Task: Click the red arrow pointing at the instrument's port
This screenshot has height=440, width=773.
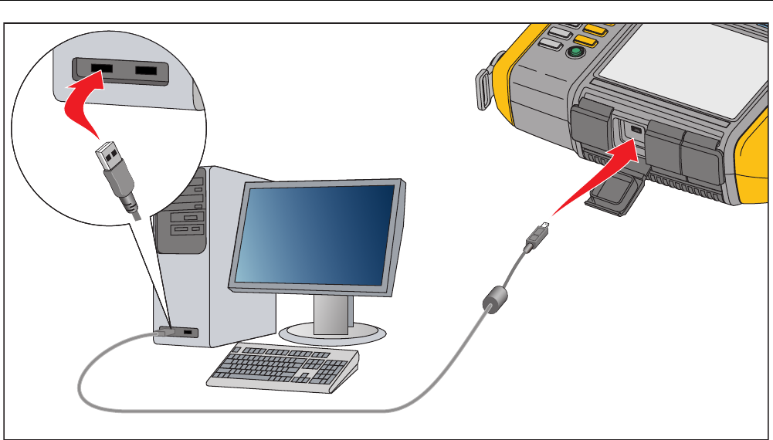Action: [x=595, y=182]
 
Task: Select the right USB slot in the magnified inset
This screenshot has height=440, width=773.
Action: [x=151, y=72]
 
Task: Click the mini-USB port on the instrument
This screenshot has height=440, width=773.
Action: [x=635, y=130]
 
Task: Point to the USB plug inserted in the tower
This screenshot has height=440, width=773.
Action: [x=166, y=332]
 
